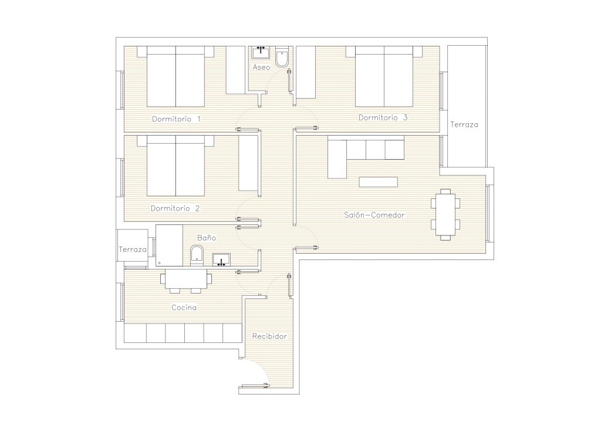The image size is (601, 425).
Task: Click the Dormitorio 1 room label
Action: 176,119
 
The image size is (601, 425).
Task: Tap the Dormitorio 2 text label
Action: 175,208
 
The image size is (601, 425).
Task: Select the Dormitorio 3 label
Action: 383,117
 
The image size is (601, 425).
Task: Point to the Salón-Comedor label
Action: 374,215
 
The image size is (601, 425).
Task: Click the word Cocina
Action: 184,308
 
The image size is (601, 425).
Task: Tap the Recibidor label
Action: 269,336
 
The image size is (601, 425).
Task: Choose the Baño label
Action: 207,238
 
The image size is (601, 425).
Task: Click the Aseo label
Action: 261,67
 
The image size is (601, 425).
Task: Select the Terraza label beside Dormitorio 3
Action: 464,124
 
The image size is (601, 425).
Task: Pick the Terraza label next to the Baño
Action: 132,249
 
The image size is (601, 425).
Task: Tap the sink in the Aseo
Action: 261,52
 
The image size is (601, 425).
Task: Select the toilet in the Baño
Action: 197,255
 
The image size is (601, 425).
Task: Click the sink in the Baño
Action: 221,259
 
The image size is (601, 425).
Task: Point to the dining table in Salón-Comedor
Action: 445,215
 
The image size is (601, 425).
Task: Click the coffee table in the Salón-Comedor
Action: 379,182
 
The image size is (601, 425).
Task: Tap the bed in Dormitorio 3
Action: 384,76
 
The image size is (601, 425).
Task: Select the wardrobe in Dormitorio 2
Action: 248,163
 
